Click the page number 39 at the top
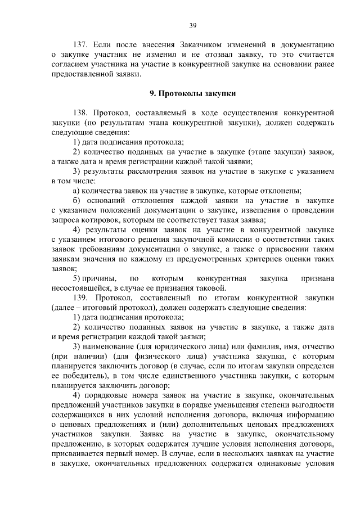pos(192,24)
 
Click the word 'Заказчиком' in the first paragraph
pos(204,44)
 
